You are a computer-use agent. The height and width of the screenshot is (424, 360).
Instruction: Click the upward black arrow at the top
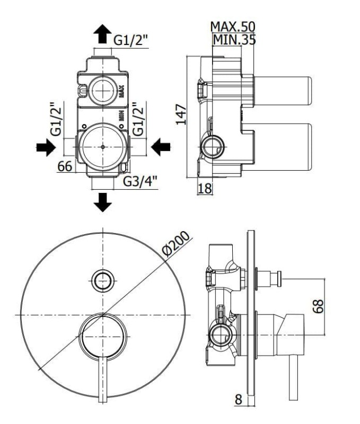(102, 33)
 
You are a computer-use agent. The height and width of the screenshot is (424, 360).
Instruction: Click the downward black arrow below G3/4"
(103, 202)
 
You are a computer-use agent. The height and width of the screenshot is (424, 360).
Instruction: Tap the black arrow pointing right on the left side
(46, 147)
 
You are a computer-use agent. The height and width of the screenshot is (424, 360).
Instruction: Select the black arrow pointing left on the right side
(161, 147)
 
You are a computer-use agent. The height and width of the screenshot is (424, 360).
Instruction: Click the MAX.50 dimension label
(233, 26)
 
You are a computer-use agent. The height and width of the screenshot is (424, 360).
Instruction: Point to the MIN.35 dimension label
(234, 40)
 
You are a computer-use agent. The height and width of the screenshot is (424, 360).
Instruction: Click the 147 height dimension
(181, 114)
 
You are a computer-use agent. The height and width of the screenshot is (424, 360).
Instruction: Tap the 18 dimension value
(205, 188)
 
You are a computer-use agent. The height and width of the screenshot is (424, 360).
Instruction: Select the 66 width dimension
(65, 166)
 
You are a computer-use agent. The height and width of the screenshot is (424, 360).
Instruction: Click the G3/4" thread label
(140, 181)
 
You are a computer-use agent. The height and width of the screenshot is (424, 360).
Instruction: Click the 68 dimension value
(319, 306)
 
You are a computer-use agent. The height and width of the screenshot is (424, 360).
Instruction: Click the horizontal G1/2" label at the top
(131, 41)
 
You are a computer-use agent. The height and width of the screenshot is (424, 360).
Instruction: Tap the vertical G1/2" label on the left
(56, 119)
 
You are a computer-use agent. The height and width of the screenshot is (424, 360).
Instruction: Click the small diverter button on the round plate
(103, 281)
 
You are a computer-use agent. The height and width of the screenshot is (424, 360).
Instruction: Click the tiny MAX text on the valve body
(121, 91)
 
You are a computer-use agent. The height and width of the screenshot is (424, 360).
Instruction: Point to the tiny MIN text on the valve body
(121, 116)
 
